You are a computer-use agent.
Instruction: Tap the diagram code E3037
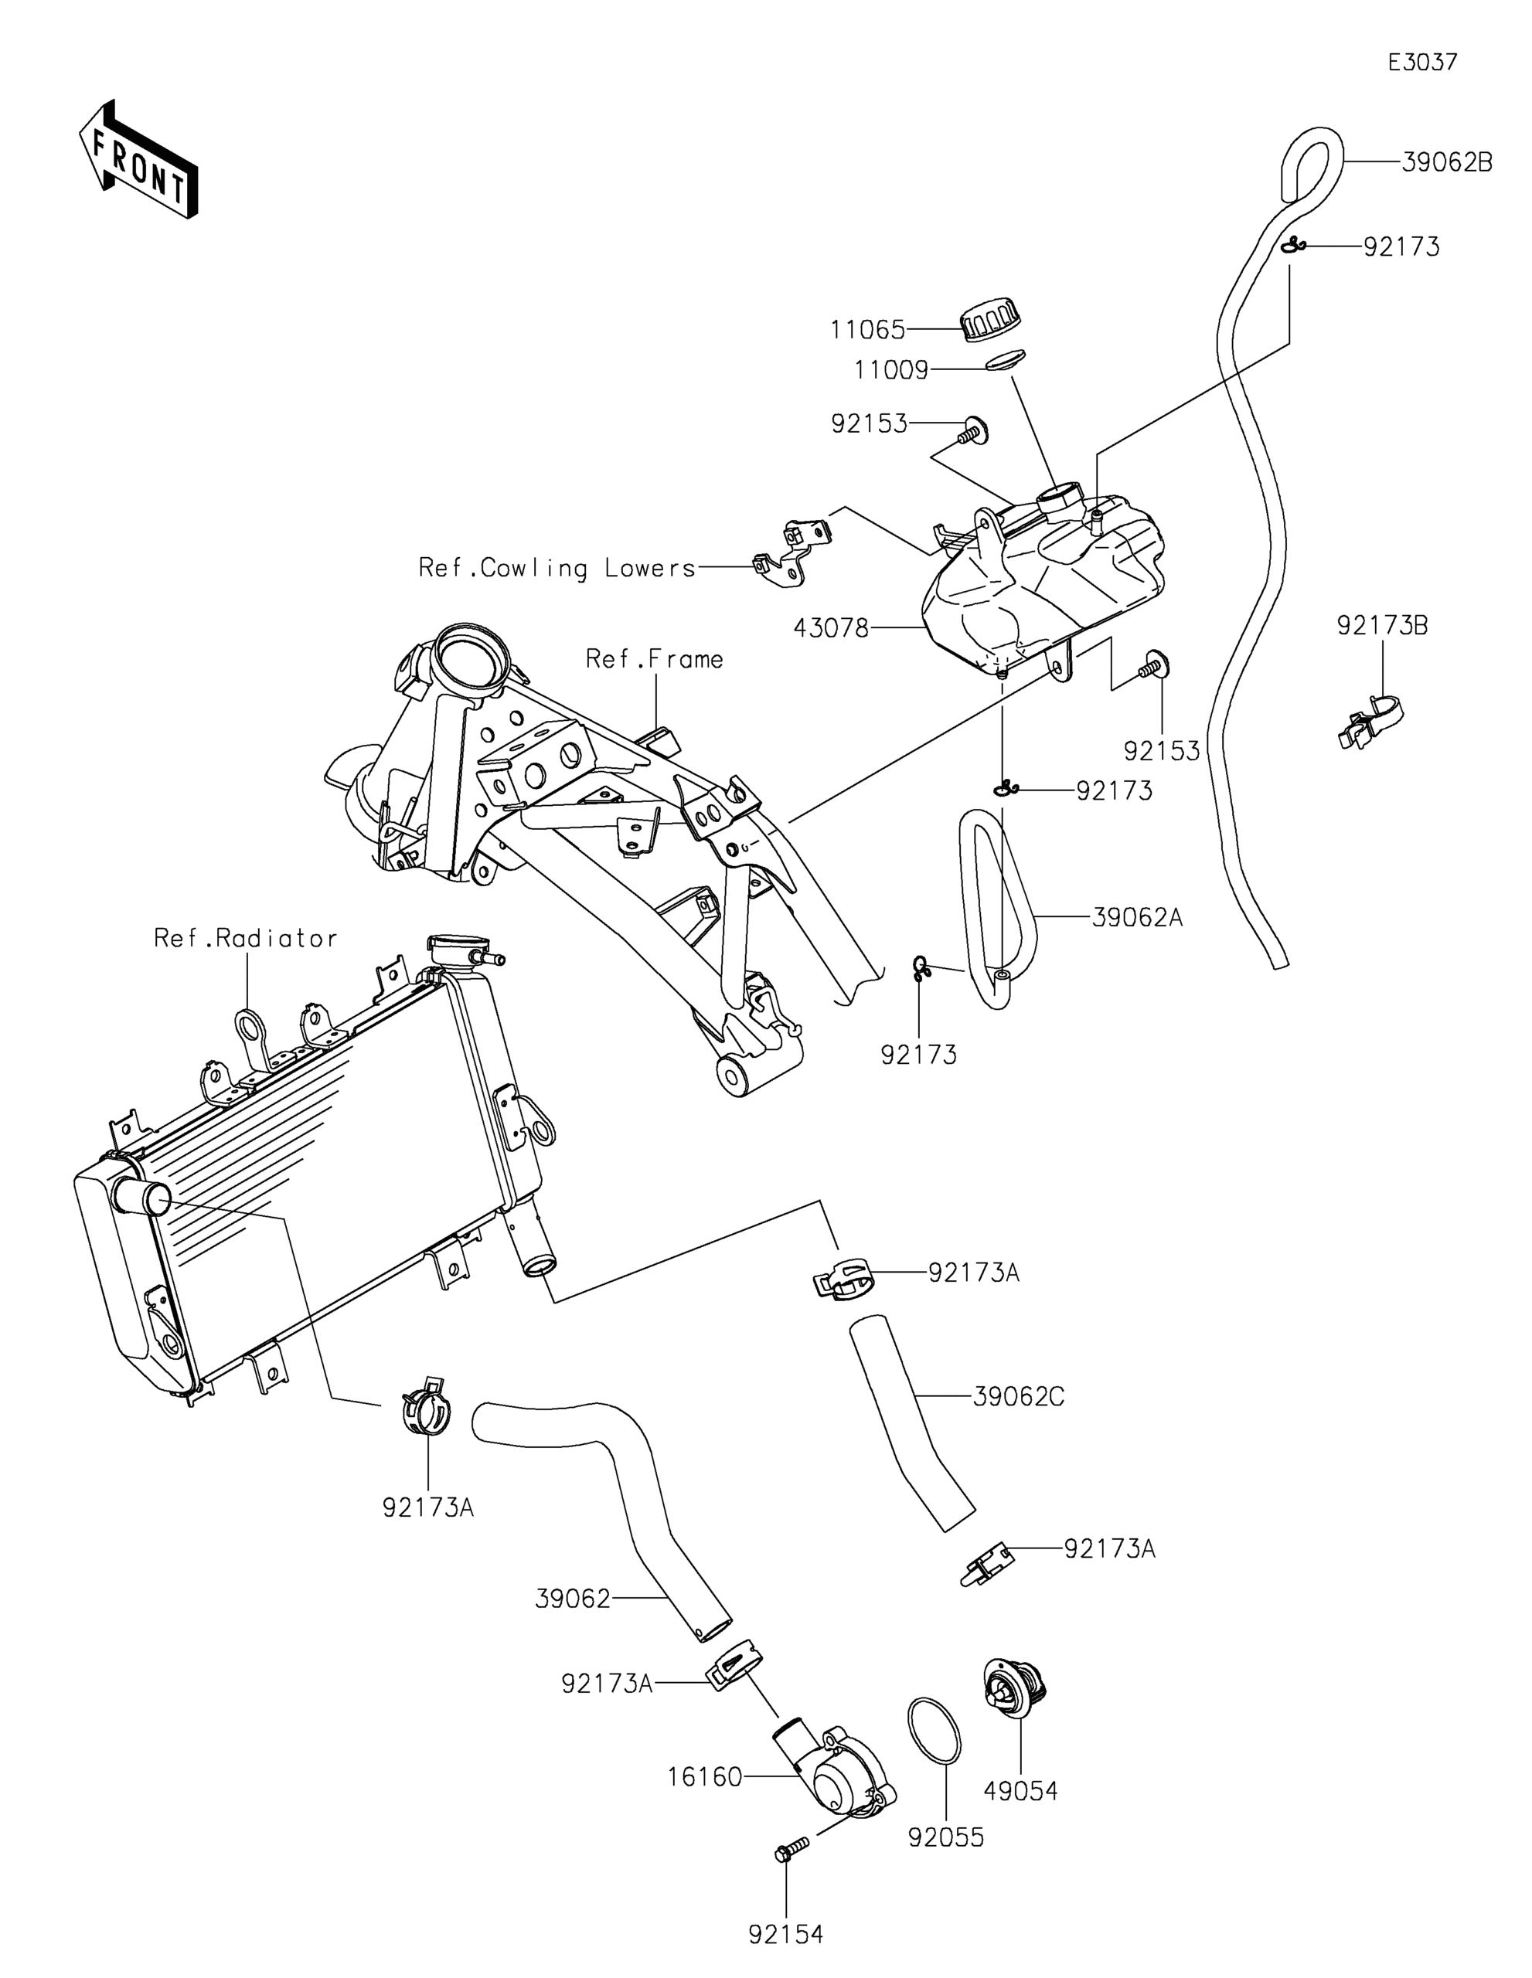point(1422,63)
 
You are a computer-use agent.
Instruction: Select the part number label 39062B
point(1447,163)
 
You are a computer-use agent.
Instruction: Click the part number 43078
point(831,627)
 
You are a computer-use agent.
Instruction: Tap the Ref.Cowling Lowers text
point(557,568)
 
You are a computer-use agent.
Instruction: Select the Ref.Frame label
point(654,658)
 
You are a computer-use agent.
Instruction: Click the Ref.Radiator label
point(246,937)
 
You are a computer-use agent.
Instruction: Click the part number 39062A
point(1137,917)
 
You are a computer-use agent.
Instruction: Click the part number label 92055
point(946,1837)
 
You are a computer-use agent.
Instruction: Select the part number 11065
point(868,330)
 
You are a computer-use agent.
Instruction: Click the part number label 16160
point(705,1778)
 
